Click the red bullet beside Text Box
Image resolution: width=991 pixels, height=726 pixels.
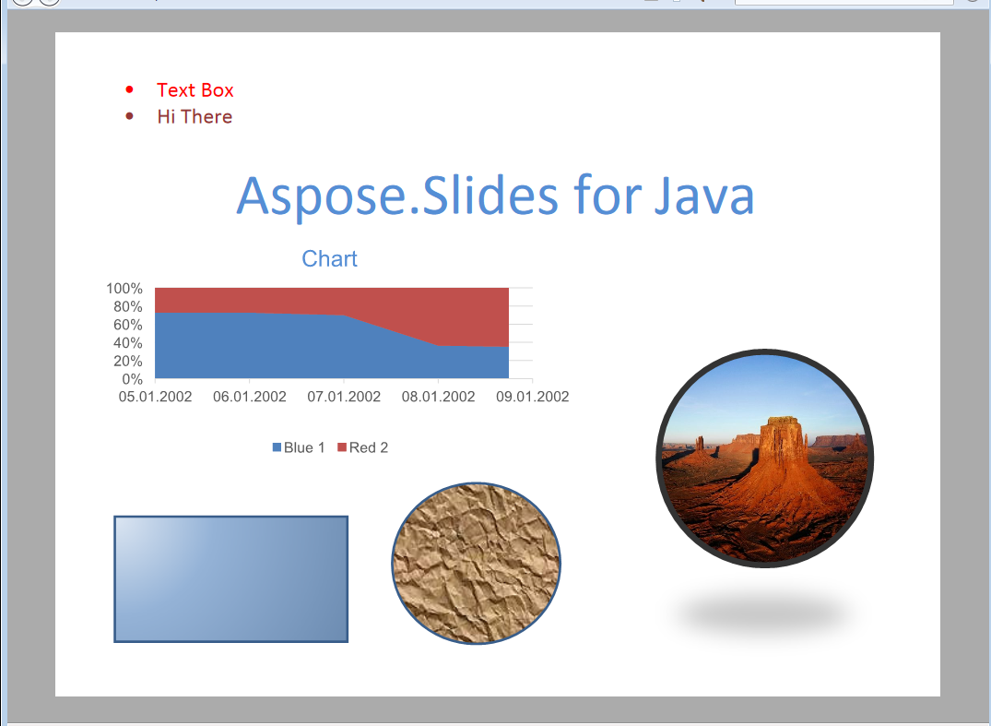[130, 89]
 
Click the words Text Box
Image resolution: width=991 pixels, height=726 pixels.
[195, 90]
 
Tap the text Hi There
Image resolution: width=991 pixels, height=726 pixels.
[195, 117]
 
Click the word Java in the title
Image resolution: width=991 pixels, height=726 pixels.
[703, 196]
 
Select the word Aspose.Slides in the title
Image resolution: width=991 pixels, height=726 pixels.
[397, 196]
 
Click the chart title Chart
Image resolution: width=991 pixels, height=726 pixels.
[329, 258]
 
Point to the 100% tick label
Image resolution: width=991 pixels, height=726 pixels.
[124, 289]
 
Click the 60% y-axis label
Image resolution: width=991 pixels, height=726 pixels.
[127, 325]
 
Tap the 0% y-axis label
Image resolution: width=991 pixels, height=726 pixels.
[132, 379]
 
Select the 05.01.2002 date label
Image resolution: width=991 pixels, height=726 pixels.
[156, 397]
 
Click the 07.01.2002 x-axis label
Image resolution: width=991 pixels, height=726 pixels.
[344, 397]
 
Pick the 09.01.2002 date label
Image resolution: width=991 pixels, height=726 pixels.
[533, 397]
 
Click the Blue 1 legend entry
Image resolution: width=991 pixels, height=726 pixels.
[299, 447]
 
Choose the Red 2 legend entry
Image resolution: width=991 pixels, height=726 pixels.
[363, 447]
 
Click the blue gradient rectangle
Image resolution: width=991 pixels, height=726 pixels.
[231, 579]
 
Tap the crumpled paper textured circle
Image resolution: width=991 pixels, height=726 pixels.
[476, 564]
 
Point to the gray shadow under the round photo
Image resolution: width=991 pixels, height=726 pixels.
[765, 614]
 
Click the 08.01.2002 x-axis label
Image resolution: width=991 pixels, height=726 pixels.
[439, 397]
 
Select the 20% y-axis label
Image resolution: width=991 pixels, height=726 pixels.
[127, 361]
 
